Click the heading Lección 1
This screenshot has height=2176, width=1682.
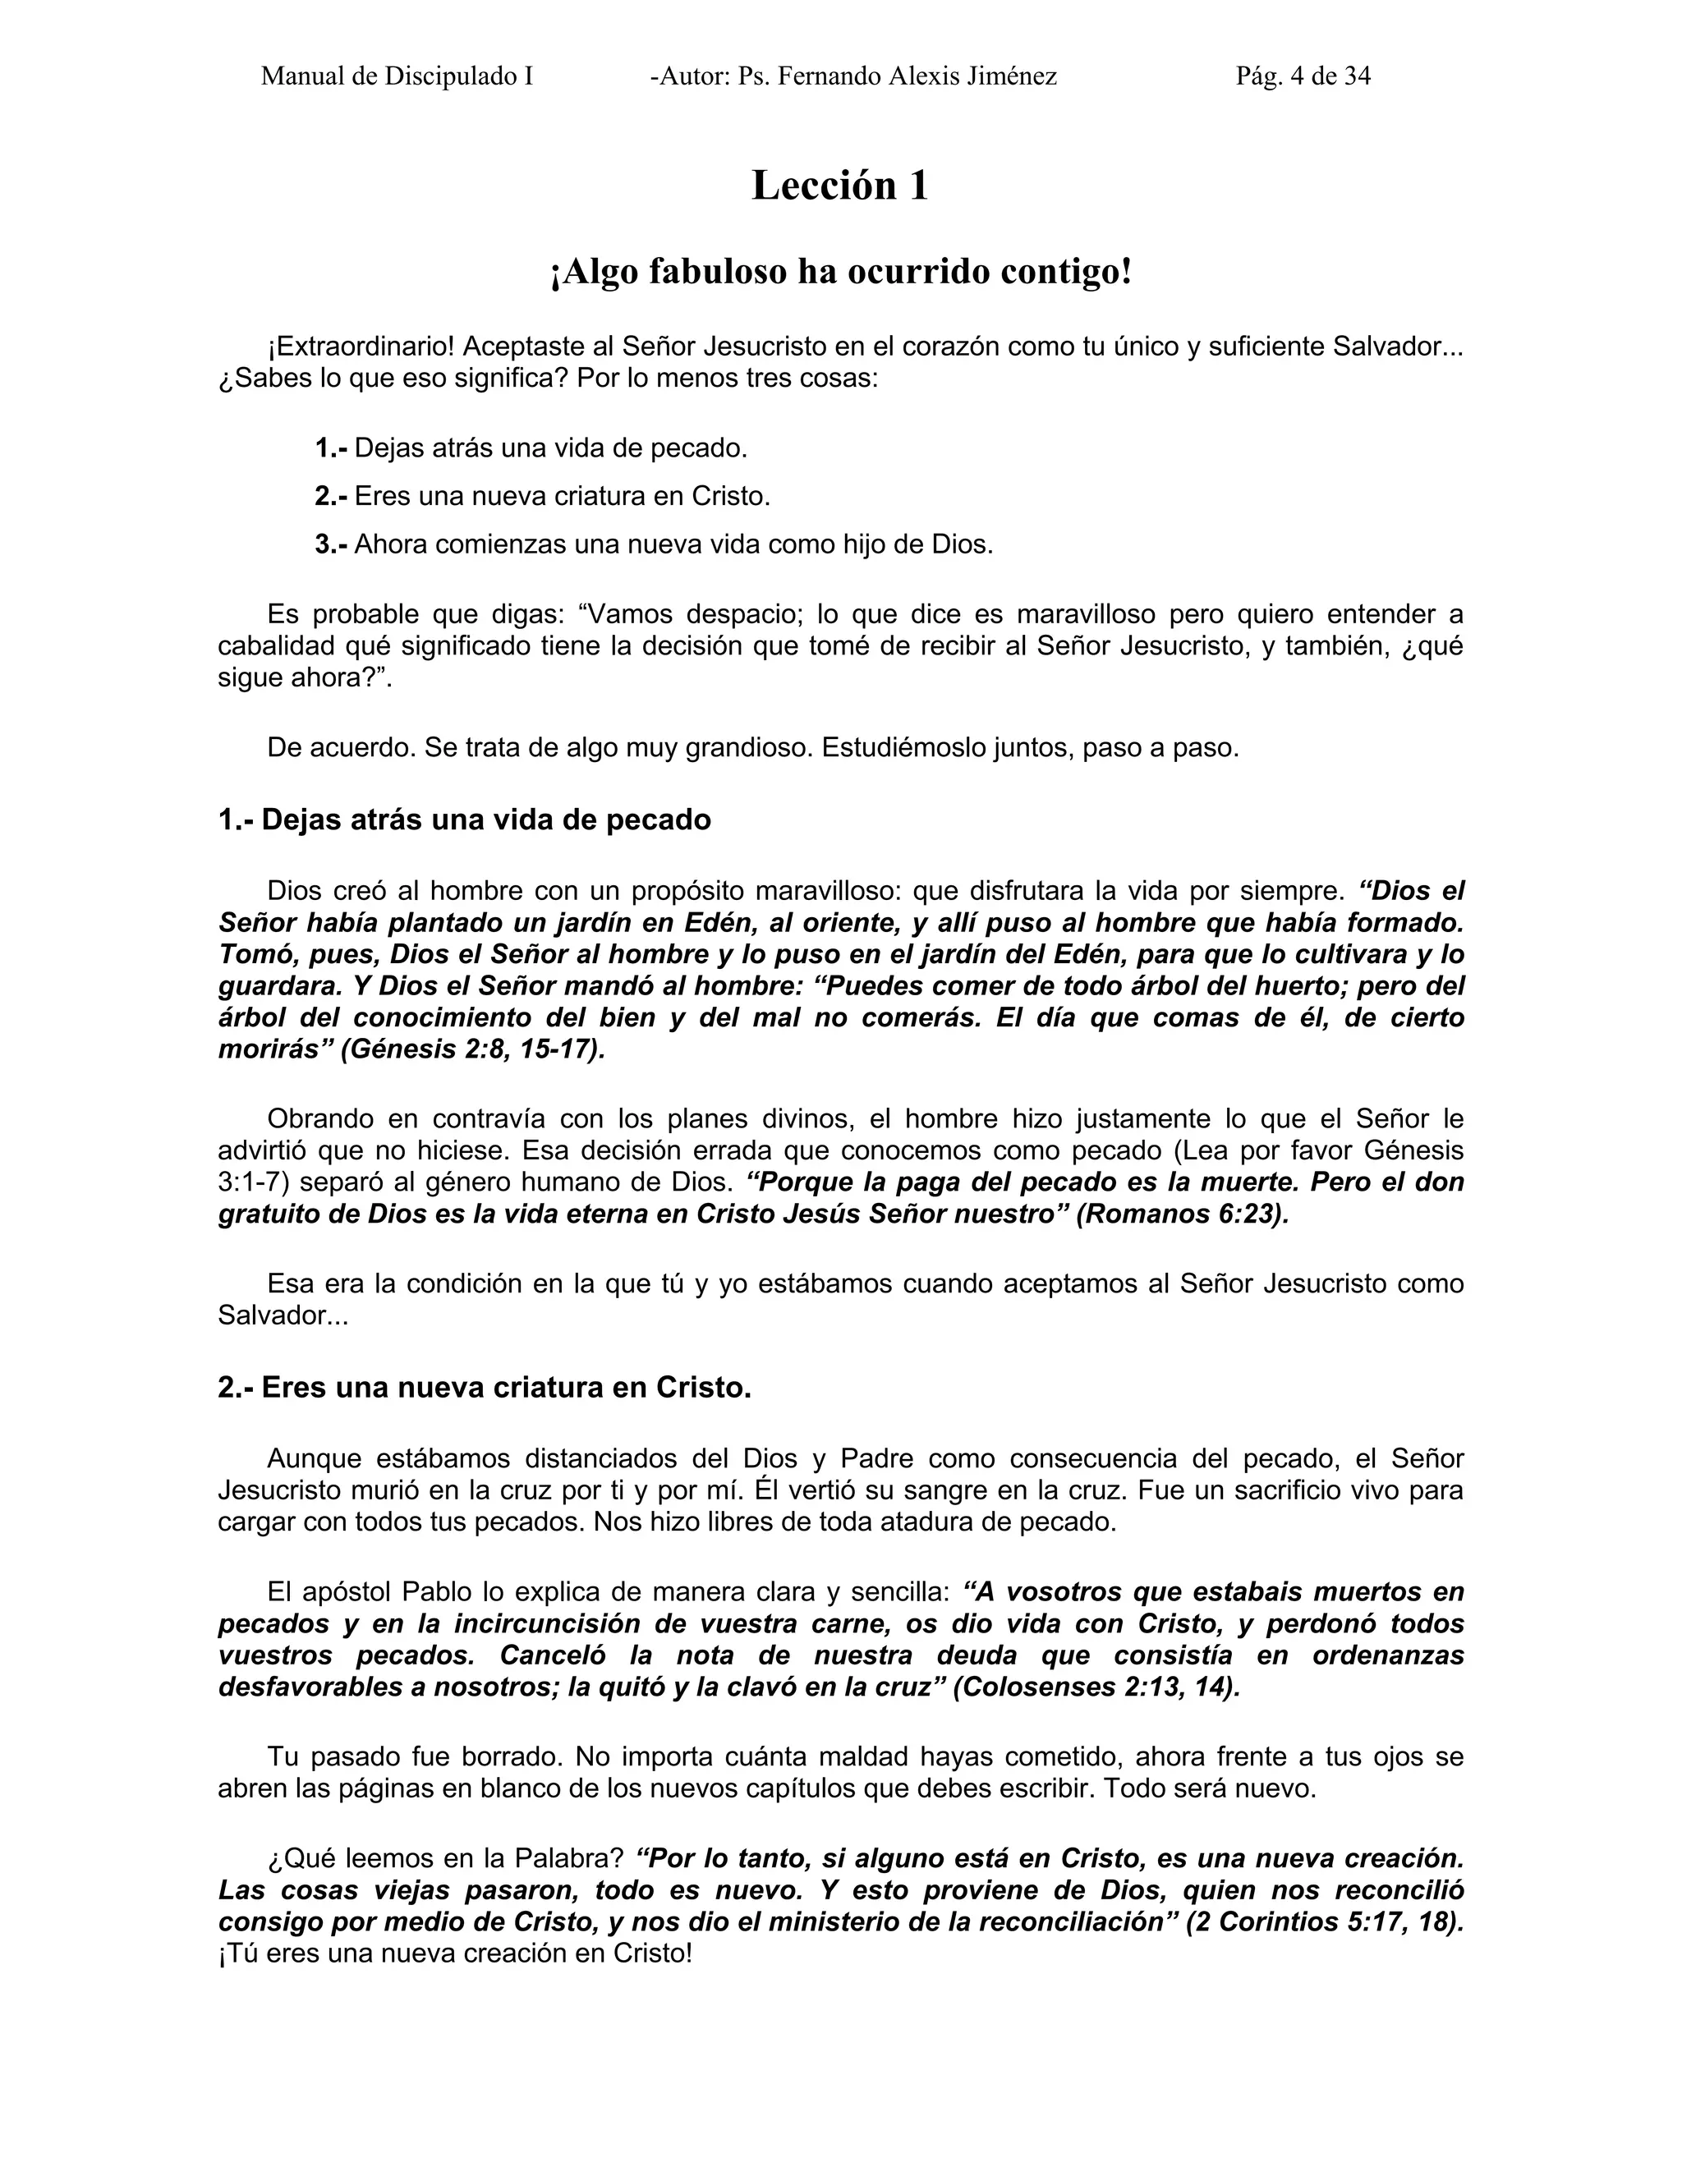(839, 186)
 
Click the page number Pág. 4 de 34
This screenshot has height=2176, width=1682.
(1303, 76)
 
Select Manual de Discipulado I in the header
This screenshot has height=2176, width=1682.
(397, 76)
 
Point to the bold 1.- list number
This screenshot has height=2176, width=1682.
(331, 448)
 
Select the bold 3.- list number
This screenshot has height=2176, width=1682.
(331, 545)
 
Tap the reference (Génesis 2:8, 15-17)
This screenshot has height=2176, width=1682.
(472, 1050)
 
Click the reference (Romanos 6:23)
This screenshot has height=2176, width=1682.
(1182, 1214)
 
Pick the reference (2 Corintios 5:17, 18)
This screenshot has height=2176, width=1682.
(1324, 1922)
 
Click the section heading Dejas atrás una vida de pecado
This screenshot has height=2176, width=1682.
(464, 820)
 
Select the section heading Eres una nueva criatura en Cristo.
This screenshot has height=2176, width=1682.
(485, 1388)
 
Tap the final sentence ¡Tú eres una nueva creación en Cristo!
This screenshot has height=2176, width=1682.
(454, 1953)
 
